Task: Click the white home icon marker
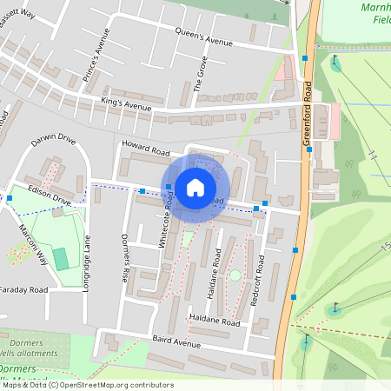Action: click(x=195, y=187)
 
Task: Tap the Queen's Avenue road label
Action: click(x=204, y=39)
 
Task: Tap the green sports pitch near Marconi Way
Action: click(x=60, y=258)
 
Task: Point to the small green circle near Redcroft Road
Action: click(x=235, y=275)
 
